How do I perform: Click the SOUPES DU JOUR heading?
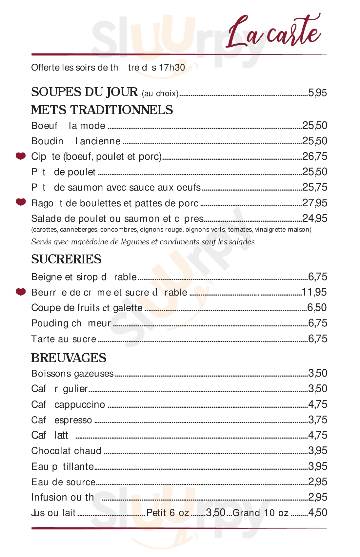click(x=85, y=92)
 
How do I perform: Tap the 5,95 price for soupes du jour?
click(x=317, y=93)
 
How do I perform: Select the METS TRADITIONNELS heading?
click(x=102, y=110)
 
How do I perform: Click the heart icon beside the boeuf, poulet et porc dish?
click(x=21, y=156)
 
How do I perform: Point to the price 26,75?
click(x=314, y=156)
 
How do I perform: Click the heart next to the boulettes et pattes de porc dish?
click(x=21, y=202)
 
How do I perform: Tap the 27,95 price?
click(x=314, y=203)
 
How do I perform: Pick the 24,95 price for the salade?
click(x=314, y=218)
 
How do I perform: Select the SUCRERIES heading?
click(x=66, y=259)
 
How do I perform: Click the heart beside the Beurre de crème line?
click(x=21, y=292)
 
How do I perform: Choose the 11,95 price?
click(x=314, y=292)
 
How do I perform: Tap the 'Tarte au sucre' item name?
click(x=64, y=339)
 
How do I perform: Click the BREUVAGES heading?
click(x=69, y=358)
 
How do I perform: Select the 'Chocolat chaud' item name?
click(x=66, y=451)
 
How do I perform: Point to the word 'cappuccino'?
click(x=80, y=404)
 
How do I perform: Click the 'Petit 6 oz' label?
click(x=168, y=513)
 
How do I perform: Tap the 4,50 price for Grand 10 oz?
click(x=317, y=513)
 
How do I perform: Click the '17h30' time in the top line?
click(x=172, y=68)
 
